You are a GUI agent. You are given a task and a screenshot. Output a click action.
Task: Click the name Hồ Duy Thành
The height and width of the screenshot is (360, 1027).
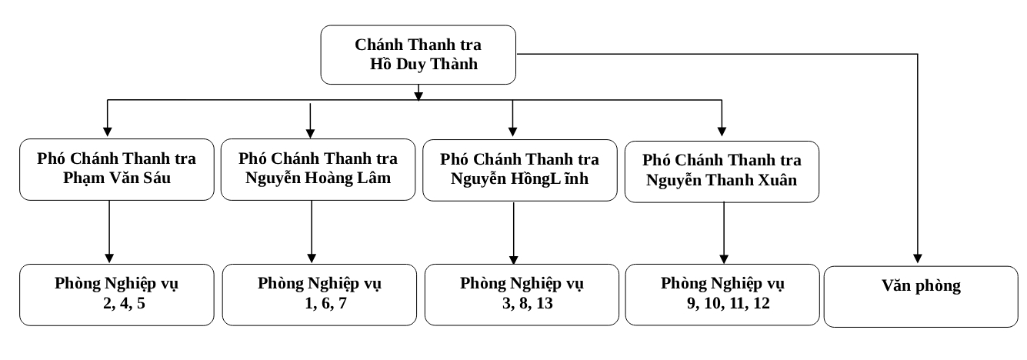424,64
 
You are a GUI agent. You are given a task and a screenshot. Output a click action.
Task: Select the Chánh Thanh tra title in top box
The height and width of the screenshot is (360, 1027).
418,45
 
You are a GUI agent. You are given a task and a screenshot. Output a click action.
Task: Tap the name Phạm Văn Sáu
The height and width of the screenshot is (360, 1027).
117,178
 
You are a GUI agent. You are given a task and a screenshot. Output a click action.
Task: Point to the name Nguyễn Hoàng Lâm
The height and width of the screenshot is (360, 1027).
318,178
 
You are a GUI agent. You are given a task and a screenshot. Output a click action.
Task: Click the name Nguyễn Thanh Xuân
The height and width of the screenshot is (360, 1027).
722,180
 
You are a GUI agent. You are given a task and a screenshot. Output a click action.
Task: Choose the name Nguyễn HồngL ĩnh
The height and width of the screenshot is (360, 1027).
519,179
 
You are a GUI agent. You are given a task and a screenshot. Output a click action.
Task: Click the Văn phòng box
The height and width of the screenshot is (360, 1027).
921,296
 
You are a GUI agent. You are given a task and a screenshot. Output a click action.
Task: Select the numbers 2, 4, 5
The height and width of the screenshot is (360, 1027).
125,304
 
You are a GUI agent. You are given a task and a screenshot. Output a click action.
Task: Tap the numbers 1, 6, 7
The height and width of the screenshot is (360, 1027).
326,304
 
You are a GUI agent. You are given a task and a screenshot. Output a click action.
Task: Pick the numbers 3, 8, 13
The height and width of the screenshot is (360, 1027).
528,304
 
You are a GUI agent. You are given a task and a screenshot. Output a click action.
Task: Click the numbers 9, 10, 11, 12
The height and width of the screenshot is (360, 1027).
728,304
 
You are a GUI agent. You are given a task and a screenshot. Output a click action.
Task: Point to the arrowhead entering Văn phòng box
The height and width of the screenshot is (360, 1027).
918,258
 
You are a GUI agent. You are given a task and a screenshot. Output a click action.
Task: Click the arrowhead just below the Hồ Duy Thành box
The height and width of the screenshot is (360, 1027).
418,95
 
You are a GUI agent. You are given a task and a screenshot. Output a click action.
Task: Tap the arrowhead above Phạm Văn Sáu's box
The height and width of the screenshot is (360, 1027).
107,132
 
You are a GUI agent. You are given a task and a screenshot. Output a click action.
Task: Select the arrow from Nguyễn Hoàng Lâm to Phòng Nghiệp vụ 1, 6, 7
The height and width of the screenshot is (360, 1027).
312,232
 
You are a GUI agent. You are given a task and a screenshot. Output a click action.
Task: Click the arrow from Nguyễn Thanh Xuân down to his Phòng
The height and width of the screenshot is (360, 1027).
724,233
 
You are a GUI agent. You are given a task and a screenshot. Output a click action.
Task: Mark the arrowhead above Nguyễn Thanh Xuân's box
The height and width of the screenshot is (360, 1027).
722,132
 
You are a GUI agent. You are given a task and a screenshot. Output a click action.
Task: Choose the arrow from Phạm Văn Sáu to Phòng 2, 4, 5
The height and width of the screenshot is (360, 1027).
109,232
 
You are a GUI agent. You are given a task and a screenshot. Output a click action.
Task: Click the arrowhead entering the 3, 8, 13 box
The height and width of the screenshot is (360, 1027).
514,259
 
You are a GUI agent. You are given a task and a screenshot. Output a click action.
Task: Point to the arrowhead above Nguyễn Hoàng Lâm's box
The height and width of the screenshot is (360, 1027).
310,132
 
